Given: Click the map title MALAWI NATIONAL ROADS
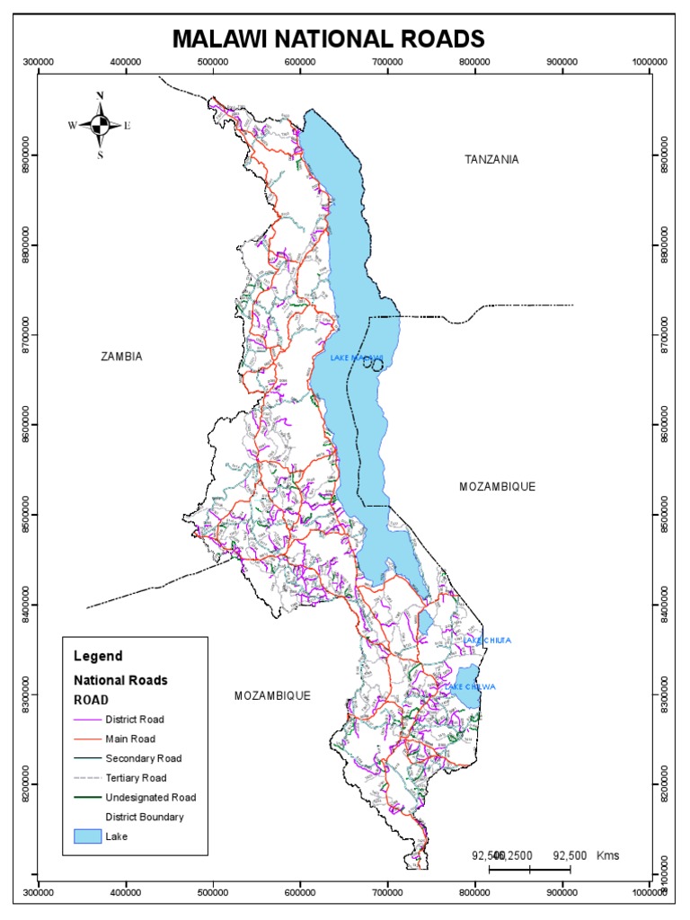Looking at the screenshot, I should pyautogui.click(x=328, y=39).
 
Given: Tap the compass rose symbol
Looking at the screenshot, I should pyautogui.click(x=101, y=125).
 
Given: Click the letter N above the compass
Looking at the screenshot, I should pyautogui.click(x=101, y=96).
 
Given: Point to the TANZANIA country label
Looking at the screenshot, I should pyautogui.click(x=491, y=159).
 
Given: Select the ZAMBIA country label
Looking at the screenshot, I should pyautogui.click(x=121, y=357).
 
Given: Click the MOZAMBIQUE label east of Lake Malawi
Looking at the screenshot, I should pyautogui.click(x=497, y=486).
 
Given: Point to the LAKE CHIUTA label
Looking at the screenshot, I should pyautogui.click(x=488, y=641).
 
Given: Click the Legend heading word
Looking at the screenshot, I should pyautogui.click(x=98, y=656).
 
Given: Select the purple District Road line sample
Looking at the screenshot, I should pyautogui.click(x=86, y=720).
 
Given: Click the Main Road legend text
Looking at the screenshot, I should pyautogui.click(x=129, y=738).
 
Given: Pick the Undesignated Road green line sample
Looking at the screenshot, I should pyautogui.click(x=86, y=797).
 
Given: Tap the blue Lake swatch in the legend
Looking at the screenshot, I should pyautogui.click(x=86, y=836).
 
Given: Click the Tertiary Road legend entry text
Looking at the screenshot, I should pyautogui.click(x=136, y=777).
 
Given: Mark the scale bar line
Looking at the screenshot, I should pyautogui.click(x=529, y=870).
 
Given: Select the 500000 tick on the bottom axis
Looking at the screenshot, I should pyautogui.click(x=212, y=892).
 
